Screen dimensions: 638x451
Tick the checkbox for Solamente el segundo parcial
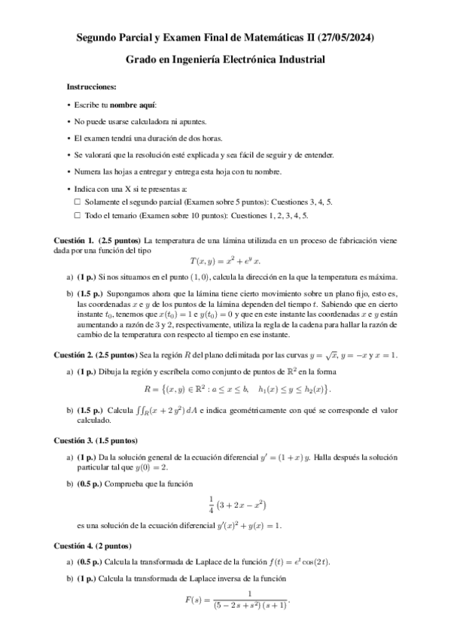(x=77, y=202)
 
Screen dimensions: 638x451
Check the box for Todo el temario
(x=77, y=214)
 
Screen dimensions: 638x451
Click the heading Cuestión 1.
(x=74, y=239)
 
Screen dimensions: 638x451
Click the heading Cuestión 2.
(x=74, y=354)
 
